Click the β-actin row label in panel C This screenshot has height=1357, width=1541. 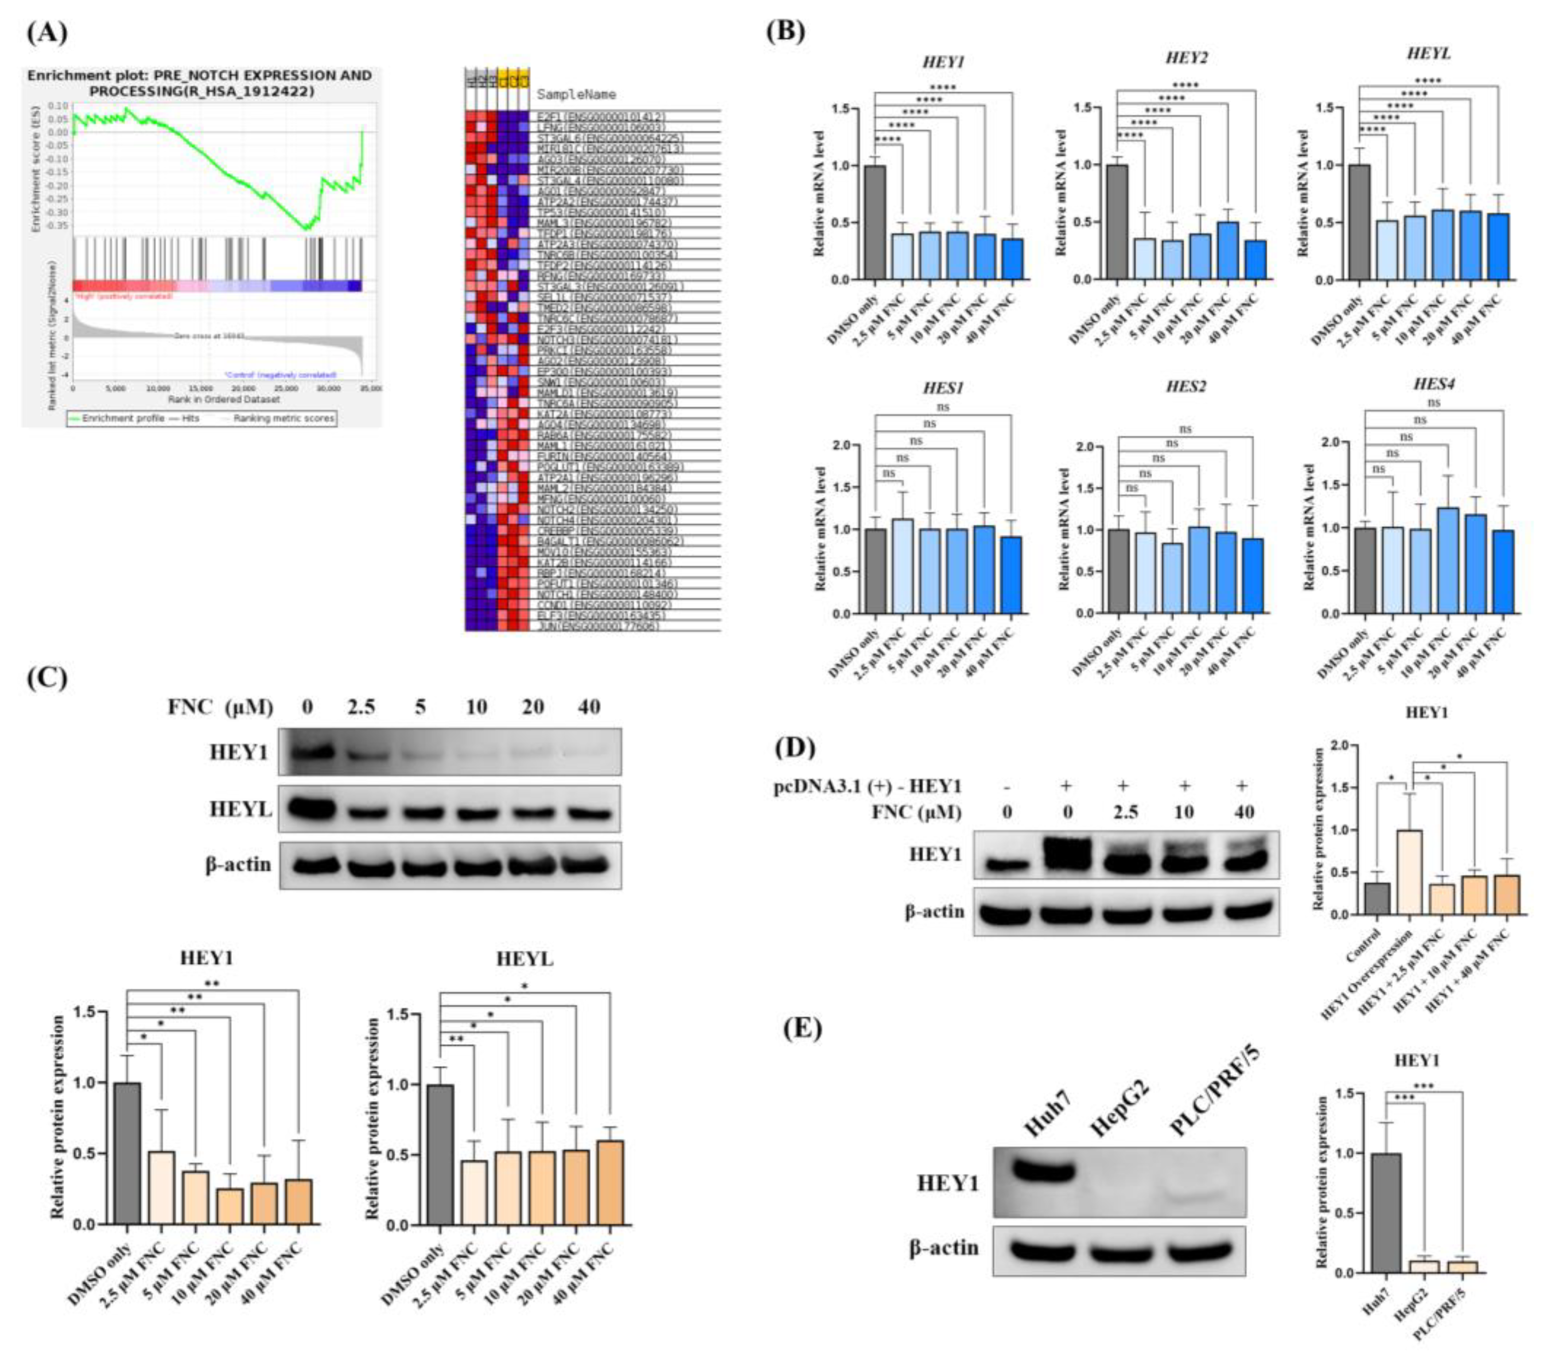(x=238, y=865)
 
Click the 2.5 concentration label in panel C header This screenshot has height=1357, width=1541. (x=361, y=707)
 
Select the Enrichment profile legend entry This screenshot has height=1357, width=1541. (x=117, y=418)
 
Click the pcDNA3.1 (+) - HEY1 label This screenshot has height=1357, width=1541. (x=868, y=786)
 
